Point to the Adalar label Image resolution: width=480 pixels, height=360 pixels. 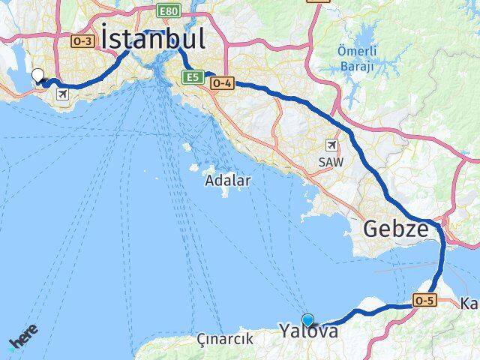[x=228, y=181]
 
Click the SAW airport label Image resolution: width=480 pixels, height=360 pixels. [x=330, y=160]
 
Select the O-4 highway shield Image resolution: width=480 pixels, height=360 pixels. [x=221, y=84]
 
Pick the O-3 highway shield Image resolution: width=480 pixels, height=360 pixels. [x=83, y=41]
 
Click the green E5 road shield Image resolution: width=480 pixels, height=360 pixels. [x=193, y=76]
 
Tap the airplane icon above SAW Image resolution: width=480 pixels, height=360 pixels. [x=331, y=145]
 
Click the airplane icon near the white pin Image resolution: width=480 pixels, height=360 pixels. [x=61, y=94]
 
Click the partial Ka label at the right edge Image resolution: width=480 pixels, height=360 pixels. [x=469, y=304]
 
